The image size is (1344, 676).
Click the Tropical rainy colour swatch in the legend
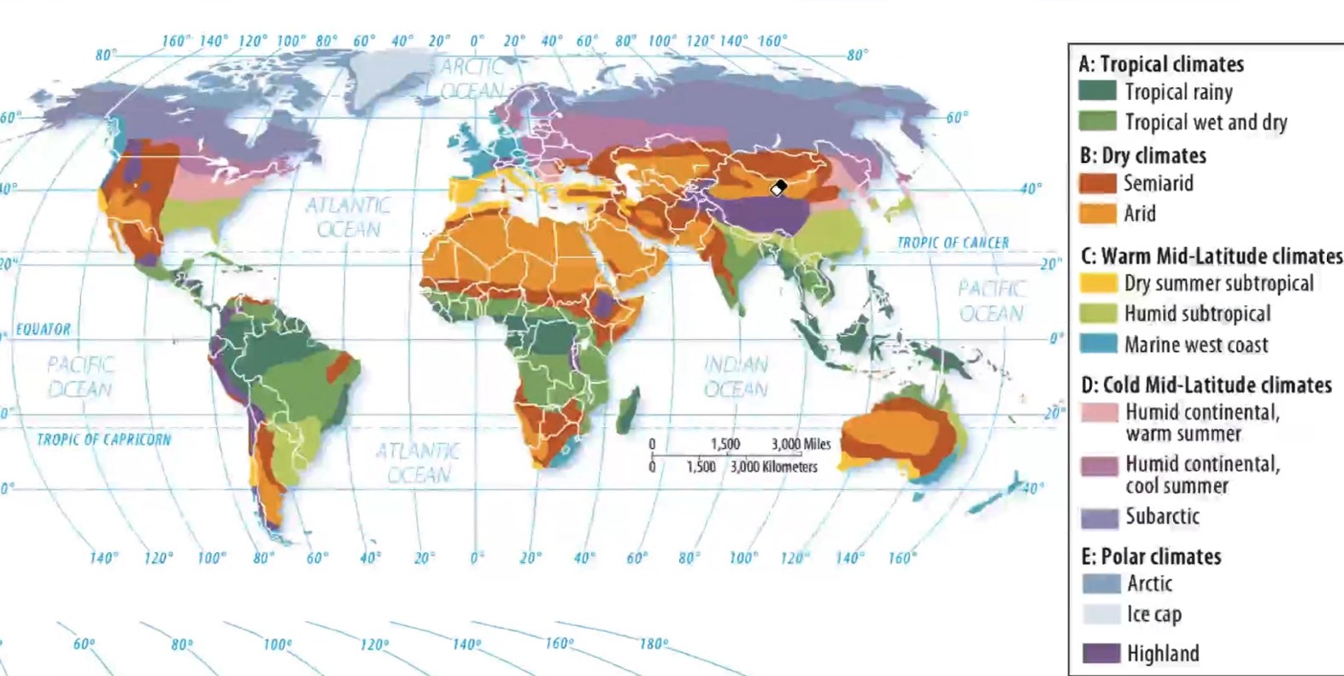(1097, 91)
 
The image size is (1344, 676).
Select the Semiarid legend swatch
(1097, 183)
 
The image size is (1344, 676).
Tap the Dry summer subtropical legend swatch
(1098, 283)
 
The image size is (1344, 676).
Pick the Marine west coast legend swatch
(1098, 344)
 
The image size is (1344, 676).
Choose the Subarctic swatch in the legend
(1099, 517)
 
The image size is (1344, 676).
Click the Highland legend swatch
(1100, 654)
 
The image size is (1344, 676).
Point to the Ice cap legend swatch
(1100, 614)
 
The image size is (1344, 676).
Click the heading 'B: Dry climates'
(1142, 156)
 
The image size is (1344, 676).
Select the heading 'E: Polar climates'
(1150, 556)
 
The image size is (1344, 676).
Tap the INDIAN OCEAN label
(736, 377)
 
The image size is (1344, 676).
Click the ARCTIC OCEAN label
(472, 78)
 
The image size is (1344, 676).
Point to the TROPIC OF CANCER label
(952, 243)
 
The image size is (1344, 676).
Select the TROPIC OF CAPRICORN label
(103, 439)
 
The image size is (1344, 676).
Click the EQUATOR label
(44, 329)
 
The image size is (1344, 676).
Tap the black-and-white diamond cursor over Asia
(778, 188)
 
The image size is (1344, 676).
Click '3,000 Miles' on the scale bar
(801, 444)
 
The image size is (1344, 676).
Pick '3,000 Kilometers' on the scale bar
(773, 467)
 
